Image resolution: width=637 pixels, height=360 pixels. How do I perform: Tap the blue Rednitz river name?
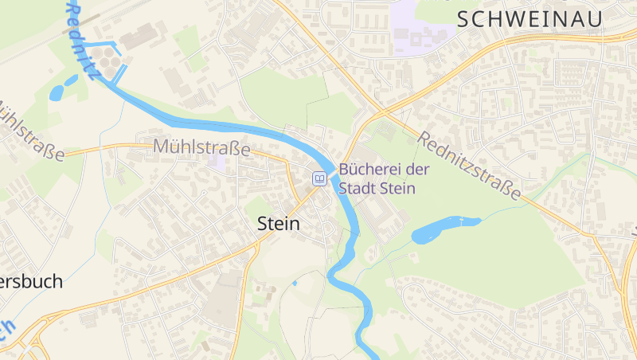coord(84,40)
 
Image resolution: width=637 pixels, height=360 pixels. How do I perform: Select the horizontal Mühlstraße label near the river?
coord(201,147)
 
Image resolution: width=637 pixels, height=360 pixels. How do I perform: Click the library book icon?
coord(319,178)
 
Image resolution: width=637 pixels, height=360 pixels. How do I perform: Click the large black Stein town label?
coord(279,225)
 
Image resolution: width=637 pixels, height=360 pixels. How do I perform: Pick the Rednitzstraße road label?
coord(470,166)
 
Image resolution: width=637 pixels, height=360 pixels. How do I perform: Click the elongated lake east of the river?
coord(444,229)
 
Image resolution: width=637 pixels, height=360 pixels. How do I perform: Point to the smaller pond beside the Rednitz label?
coord(71,80)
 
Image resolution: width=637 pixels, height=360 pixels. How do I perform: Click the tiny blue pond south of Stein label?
coord(294,282)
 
